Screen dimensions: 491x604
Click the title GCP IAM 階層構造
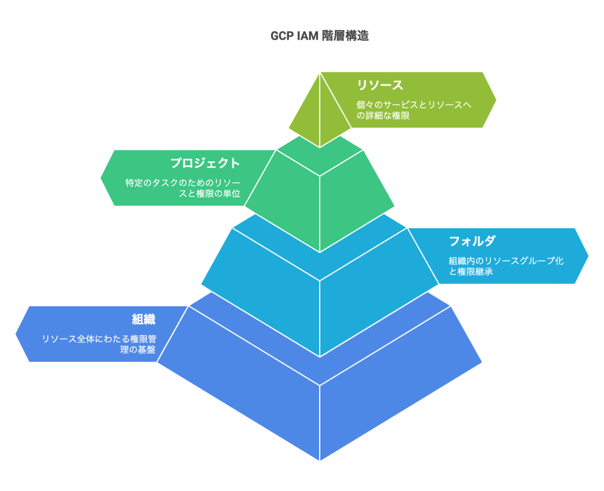[319, 36]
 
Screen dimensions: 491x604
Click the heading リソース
[380, 85]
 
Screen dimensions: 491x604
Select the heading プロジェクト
[205, 163]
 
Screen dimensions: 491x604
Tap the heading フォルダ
[472, 241]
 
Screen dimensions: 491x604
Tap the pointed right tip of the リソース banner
[495, 100]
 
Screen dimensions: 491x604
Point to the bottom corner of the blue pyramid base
[320, 459]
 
